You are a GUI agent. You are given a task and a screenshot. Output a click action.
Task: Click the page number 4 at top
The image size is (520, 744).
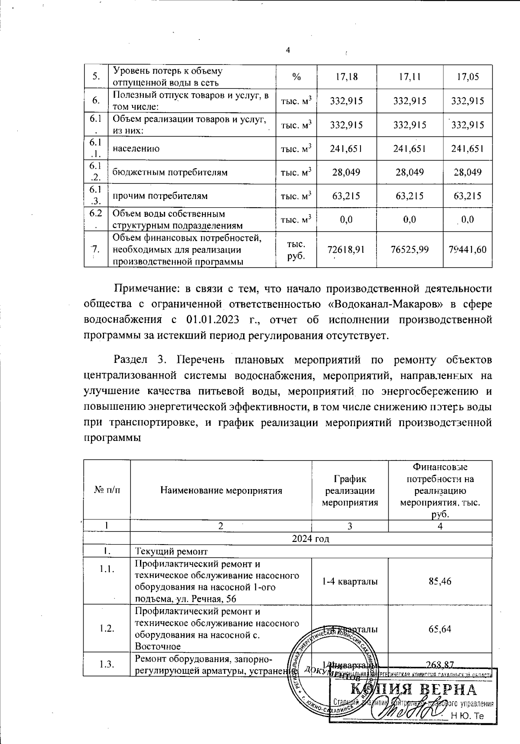click(288, 50)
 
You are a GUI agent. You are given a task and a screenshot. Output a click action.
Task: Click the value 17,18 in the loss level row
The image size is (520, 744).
click(347, 77)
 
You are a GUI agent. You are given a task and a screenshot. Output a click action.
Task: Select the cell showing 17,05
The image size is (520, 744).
click(468, 77)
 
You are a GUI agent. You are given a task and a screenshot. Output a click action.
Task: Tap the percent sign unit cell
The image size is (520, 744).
click(296, 77)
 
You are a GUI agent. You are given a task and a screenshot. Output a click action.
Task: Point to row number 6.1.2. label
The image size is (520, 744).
click(96, 172)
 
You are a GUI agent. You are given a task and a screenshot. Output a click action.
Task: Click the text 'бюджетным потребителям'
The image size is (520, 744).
click(170, 173)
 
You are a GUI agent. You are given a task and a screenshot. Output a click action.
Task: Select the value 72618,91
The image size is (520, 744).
click(347, 249)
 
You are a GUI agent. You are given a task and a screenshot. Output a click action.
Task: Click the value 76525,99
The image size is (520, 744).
click(409, 249)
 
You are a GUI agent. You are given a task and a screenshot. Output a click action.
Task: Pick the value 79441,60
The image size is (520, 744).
click(468, 249)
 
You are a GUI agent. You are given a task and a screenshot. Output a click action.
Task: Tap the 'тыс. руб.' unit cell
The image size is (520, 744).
click(296, 249)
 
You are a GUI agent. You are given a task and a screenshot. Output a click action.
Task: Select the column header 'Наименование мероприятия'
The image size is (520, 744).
click(221, 491)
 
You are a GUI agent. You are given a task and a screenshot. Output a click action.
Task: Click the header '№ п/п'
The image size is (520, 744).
click(107, 491)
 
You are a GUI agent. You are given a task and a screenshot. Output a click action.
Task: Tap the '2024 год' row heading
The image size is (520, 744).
click(310, 539)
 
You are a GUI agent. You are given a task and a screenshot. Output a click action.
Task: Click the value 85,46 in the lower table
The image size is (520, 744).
click(440, 581)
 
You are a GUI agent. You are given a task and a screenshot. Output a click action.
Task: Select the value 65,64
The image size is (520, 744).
click(440, 629)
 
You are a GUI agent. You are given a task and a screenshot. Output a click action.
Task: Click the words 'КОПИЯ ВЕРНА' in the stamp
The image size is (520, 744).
click(413, 690)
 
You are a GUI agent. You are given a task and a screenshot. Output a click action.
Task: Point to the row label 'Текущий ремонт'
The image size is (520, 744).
click(172, 551)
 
